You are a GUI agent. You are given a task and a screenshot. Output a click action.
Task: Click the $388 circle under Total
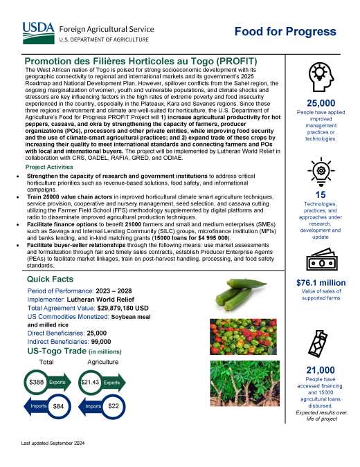pyautogui.click(x=36, y=382)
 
